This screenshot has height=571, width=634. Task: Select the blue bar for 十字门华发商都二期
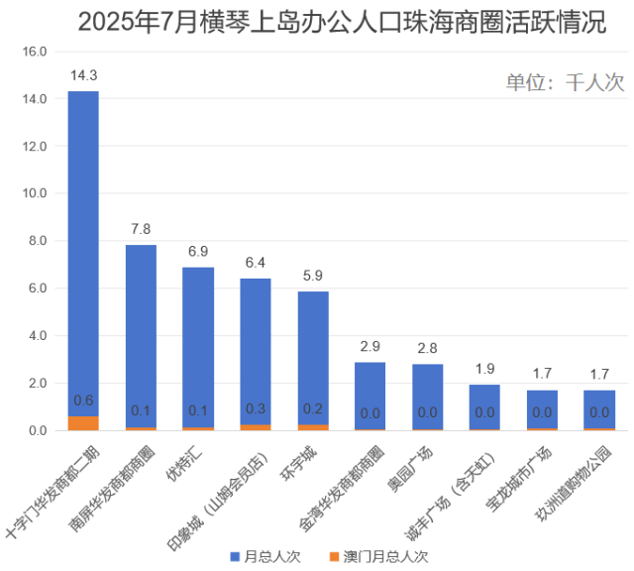pos(83,248)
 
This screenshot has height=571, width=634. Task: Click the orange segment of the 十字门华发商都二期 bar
pos(83,423)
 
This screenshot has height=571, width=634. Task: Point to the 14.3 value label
pos(83,75)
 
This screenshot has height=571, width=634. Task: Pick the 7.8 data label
pos(141,229)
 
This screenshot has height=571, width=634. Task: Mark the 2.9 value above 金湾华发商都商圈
pos(370,346)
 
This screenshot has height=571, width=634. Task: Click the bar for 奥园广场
pos(427,397)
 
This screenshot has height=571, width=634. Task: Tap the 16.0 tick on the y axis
pos(35,52)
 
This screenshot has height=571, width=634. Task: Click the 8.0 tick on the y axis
pos(35,241)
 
